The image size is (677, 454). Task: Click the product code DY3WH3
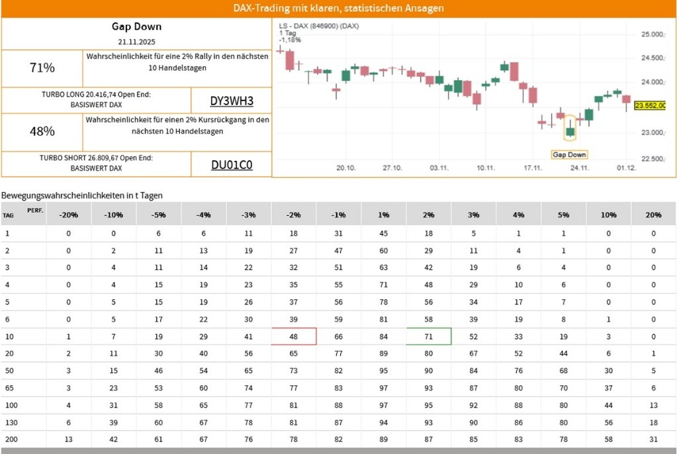tap(232, 101)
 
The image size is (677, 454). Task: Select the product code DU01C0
tap(232, 165)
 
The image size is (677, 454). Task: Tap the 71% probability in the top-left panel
tap(42, 68)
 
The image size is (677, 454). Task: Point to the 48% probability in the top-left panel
tap(42, 132)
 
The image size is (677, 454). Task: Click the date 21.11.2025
tap(136, 42)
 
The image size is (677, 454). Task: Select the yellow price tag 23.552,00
tap(650, 105)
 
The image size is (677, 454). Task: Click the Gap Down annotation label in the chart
tap(569, 154)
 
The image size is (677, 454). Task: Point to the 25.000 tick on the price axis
tap(653, 34)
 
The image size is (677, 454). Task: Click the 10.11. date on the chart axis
tap(486, 168)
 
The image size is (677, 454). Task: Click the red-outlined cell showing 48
tap(294, 336)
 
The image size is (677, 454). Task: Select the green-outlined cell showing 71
tap(429, 336)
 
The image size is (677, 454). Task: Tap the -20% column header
tap(68, 215)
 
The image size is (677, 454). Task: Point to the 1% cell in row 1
tap(384, 233)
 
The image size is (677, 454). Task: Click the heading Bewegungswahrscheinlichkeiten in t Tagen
tap(82, 195)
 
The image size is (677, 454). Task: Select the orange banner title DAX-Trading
tap(338, 8)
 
